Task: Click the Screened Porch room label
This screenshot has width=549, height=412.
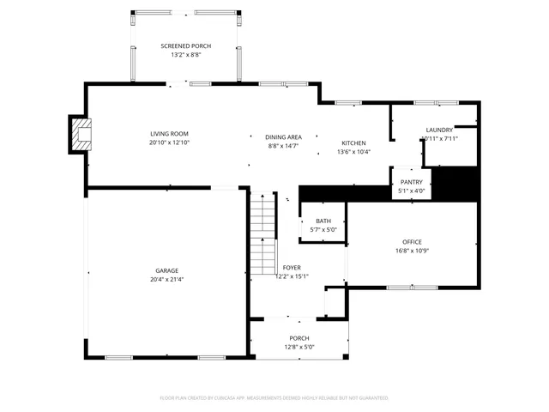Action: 185,46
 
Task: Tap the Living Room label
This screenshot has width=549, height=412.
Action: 169,134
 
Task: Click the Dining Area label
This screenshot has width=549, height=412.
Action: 282,137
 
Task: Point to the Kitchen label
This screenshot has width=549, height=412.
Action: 353,142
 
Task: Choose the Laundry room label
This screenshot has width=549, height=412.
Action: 439,130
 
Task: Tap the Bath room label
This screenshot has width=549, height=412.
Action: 323,221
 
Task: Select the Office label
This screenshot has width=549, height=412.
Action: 412,242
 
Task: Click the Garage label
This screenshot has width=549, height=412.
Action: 166,270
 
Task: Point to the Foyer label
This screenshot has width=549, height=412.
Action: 292,268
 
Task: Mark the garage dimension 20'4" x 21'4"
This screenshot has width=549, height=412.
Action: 166,279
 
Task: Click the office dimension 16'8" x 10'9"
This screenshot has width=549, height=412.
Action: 412,251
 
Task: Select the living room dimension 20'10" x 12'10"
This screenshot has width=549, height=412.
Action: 169,142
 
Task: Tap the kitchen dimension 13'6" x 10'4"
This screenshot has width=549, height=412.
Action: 353,152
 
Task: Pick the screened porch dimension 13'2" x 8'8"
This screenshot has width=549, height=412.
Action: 185,55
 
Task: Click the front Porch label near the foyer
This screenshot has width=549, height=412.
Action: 299,338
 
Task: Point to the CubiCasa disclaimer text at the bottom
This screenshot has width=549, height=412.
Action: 274,398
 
